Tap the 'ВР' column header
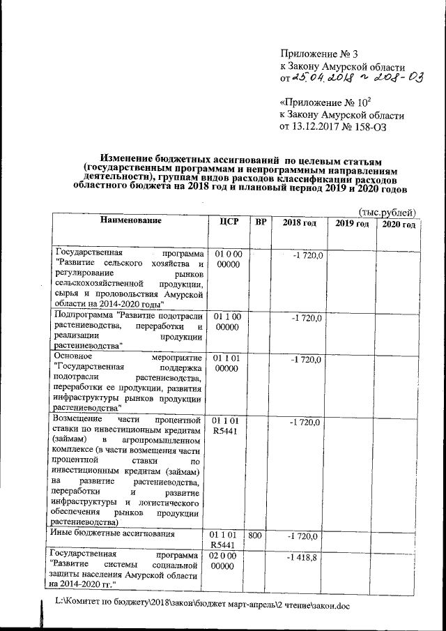point(261,222)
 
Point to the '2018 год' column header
point(299,222)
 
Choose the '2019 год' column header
point(352,222)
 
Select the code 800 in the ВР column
point(257,535)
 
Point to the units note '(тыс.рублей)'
point(387,211)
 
